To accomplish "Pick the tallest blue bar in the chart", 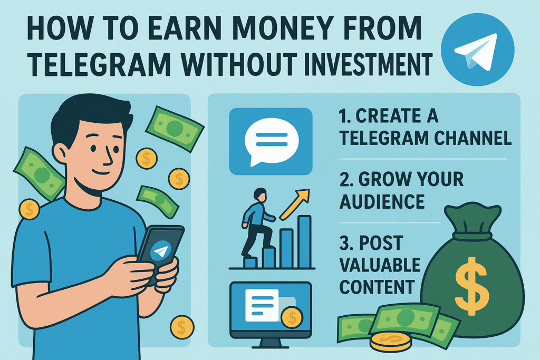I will pos(304,241).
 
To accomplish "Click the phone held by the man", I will pos(160,254).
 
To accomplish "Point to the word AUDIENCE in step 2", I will pos(382,201).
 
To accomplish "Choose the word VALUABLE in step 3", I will pos(380,265).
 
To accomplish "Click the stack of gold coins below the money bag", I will pos(390,342).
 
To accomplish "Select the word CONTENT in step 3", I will pos(377,287).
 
